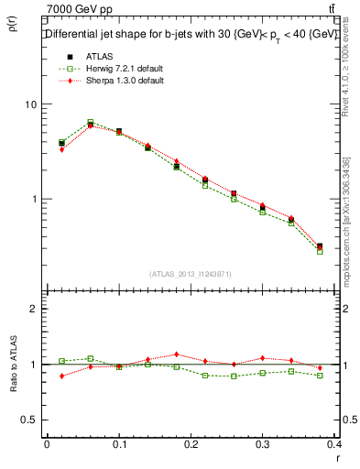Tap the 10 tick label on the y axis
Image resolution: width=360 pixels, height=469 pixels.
[x=32, y=104]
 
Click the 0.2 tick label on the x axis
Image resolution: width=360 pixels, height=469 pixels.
[x=191, y=444]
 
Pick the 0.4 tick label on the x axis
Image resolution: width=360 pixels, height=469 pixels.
[x=338, y=444]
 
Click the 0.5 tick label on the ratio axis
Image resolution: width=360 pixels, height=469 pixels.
[x=29, y=420]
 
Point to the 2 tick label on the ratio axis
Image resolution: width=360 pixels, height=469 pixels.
[x=34, y=309]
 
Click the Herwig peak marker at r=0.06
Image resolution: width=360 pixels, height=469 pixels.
[x=90, y=122]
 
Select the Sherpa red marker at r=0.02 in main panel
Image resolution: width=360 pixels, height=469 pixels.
[x=61, y=149]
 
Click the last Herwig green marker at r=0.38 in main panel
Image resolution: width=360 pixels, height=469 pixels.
[x=320, y=250]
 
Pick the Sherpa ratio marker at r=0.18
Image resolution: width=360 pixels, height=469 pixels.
[x=177, y=354]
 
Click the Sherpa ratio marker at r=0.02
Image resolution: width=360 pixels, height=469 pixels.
[x=61, y=376]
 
